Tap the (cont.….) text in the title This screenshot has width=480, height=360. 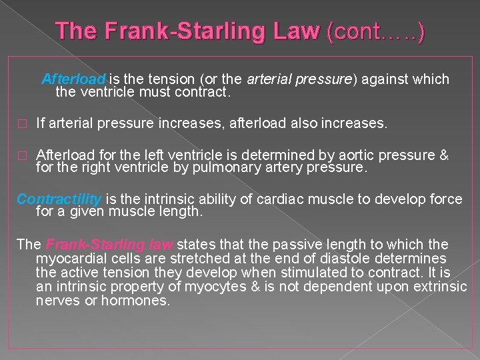coord(375,31)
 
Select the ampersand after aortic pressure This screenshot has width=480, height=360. coord(444,155)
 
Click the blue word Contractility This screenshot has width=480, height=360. coord(59,199)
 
